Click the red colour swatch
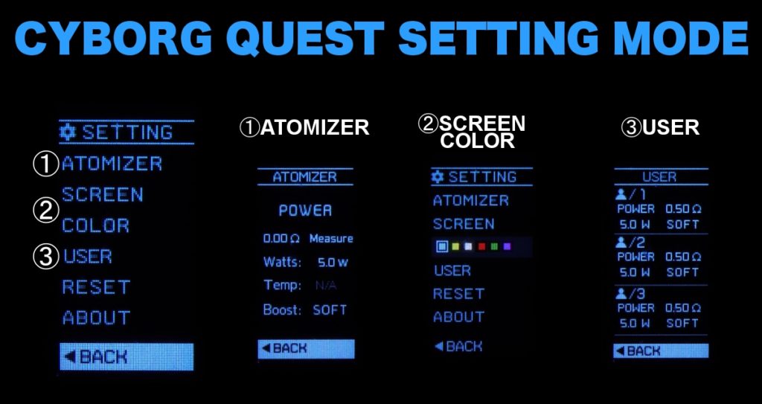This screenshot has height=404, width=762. [x=481, y=246]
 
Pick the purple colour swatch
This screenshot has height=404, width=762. [x=508, y=246]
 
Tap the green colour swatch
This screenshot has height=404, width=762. [x=494, y=246]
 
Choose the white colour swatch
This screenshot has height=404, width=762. [x=467, y=246]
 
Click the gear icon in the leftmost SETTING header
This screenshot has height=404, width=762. [x=69, y=132]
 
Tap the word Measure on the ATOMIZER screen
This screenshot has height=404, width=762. [x=331, y=239]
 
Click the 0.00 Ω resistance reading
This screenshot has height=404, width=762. [x=281, y=239]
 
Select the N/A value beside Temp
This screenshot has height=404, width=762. [x=324, y=286]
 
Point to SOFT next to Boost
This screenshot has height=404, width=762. [x=330, y=310]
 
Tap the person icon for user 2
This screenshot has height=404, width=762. [x=621, y=243]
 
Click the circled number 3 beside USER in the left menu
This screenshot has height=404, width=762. [x=46, y=257]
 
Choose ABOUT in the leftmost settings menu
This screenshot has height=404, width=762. [x=96, y=318]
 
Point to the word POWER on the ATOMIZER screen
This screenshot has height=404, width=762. [x=305, y=211]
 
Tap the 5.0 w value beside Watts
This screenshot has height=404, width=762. [x=333, y=262]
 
